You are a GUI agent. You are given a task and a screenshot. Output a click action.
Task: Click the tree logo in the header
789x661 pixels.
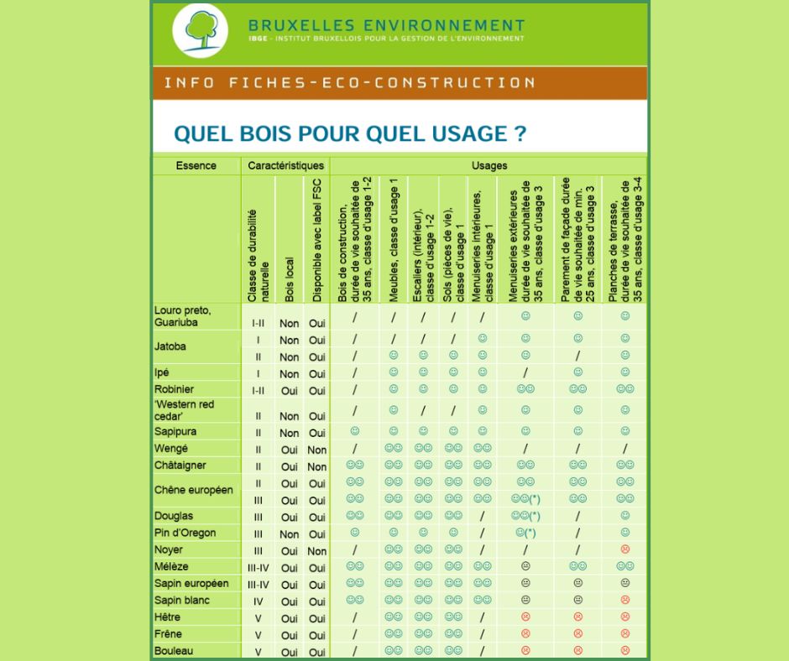pos(200,30)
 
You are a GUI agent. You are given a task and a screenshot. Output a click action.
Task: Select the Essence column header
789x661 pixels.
pos(196,166)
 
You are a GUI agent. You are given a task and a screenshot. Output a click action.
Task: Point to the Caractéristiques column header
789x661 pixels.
pos(285,166)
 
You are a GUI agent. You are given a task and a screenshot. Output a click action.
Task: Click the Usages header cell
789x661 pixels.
pos(489,166)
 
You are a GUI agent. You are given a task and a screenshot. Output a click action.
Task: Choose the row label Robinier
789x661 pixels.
pos(173,389)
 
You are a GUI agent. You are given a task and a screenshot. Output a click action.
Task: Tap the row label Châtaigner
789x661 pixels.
pos(180,466)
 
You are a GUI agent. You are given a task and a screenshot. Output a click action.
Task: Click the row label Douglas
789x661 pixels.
pos(173,516)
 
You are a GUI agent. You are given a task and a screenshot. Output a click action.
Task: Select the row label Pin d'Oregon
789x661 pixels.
pos(185,533)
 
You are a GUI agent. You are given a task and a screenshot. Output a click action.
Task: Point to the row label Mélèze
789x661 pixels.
pos(171,566)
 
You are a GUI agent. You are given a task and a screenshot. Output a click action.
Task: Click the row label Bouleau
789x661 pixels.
pos(173,650)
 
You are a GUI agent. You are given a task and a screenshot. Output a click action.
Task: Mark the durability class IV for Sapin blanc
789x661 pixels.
pos(258,601)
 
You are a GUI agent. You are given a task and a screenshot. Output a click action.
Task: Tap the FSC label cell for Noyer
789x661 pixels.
pos(317,551)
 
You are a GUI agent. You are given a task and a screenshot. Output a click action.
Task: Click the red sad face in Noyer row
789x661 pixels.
pos(624,549)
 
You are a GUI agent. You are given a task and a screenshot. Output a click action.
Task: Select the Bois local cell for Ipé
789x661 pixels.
pos(290,374)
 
